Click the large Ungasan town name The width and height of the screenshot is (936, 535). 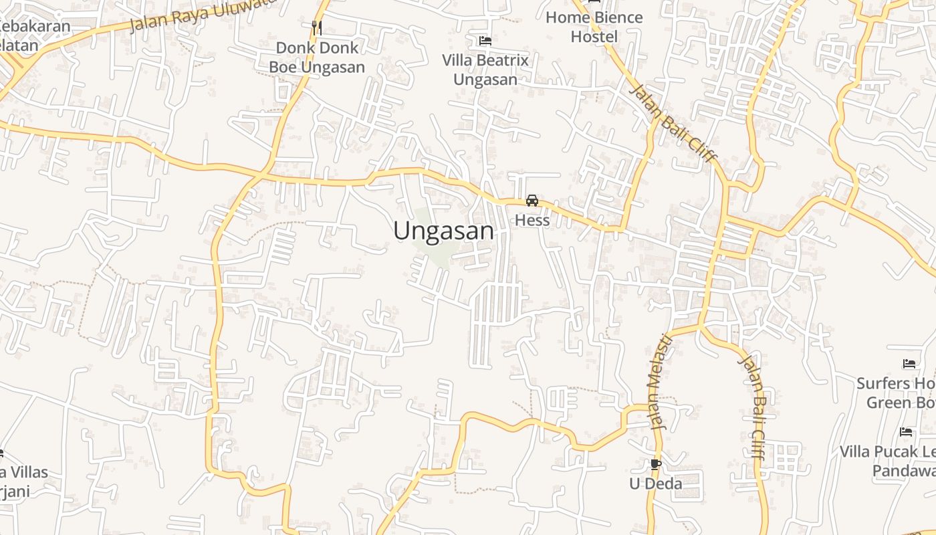pos(444,231)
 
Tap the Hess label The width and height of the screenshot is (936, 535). pos(532,220)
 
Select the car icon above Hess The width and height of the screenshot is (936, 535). pos(532,200)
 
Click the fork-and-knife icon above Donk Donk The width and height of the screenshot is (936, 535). pos(317,27)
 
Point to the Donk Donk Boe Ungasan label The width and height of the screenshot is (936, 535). pos(317,58)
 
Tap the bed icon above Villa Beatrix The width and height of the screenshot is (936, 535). pos(485,41)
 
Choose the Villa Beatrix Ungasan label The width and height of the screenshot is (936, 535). pos(485,70)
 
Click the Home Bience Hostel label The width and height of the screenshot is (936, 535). pos(594,27)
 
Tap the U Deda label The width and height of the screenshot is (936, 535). pos(656,483)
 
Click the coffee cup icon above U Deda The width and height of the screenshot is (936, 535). pos(656,463)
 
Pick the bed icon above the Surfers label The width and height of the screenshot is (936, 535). pos(909,364)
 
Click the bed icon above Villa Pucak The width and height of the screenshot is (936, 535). pos(906,432)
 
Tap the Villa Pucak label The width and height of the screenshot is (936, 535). pos(888,461)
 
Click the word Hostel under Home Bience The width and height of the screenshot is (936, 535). pos(594,37)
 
